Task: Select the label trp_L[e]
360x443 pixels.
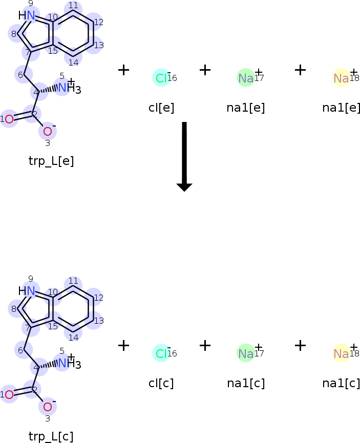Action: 51,161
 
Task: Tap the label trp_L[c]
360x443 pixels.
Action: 51,436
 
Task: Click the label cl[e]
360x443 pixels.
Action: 161,108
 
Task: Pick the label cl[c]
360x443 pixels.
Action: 161,383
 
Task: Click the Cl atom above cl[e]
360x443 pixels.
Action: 161,78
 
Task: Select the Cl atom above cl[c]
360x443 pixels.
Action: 161,353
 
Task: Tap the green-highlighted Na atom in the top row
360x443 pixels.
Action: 246,78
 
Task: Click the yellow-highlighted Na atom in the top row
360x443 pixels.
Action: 341,78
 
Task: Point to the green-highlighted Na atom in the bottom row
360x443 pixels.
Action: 246,353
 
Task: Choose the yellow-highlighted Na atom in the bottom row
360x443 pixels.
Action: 341,353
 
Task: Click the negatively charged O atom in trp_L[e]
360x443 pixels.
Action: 48,131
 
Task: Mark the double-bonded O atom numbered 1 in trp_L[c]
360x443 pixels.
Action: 9,394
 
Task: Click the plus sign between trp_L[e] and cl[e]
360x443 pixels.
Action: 123,70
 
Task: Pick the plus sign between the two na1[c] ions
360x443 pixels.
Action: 300,346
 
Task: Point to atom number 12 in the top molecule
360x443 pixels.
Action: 94,23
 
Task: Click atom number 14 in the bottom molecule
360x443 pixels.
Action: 74,333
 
